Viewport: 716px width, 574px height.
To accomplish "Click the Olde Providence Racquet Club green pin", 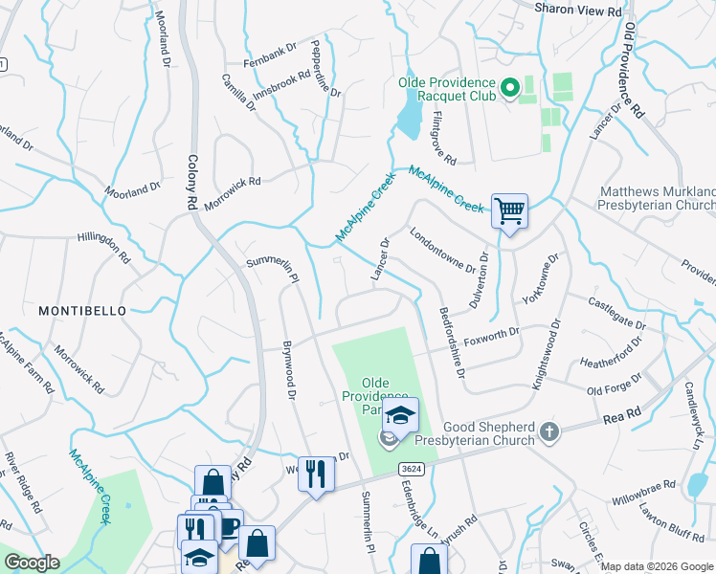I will [x=510, y=89].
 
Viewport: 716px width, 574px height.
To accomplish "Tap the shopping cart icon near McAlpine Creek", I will [x=510, y=210].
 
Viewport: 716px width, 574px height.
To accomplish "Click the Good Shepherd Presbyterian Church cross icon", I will [x=548, y=431].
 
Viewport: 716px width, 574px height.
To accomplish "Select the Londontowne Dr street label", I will [x=442, y=250].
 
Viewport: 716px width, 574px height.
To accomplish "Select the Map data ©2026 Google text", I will [x=657, y=566].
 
